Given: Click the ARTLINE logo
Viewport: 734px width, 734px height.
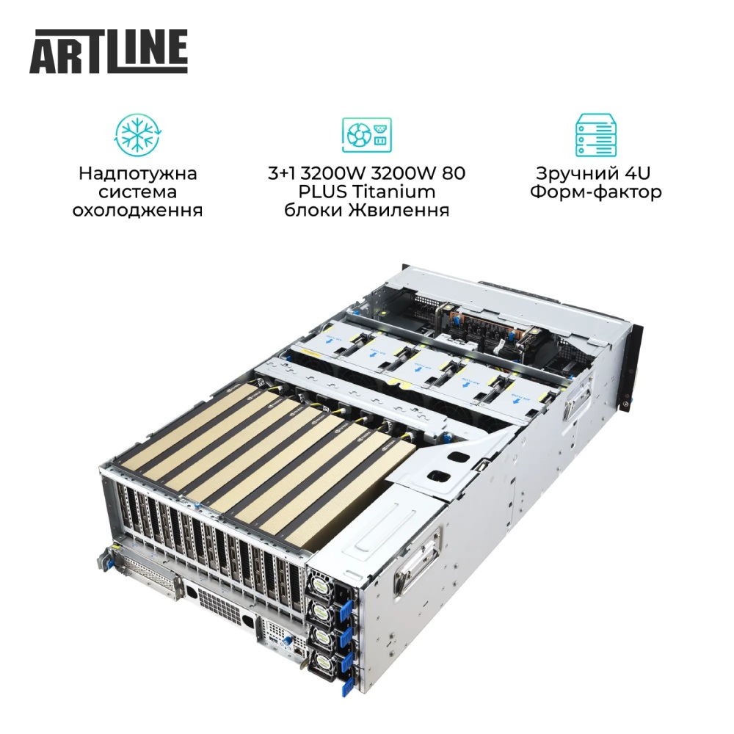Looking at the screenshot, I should click(109, 51).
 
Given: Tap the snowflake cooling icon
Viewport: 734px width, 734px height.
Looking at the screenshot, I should click(137, 136).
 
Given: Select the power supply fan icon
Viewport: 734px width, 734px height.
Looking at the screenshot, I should click(366, 136).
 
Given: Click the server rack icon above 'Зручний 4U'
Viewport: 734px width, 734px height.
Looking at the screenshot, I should click(595, 136).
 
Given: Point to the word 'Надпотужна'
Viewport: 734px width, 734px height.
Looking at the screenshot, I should click(137, 174).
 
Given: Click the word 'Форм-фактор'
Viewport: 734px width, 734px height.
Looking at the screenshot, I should click(595, 192).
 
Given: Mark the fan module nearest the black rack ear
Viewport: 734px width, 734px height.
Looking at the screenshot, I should click(514, 389).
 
